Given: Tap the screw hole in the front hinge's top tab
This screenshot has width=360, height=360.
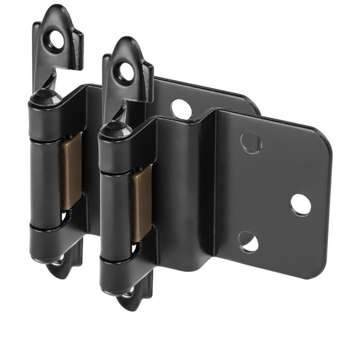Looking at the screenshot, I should (127, 72).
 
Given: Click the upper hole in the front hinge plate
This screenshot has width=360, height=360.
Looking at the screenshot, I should (250, 143).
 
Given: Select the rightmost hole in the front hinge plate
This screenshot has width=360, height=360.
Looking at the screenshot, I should (300, 204).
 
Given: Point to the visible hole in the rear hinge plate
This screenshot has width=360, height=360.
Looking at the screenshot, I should (181, 109).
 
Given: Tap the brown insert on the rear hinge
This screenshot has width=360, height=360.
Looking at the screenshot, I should (72, 172).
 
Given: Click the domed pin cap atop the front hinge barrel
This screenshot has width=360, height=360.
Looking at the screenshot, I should (113, 128).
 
